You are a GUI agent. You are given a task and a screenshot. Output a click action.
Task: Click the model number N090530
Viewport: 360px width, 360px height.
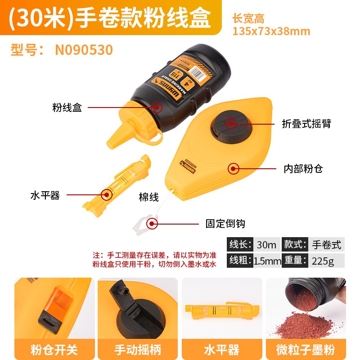84,49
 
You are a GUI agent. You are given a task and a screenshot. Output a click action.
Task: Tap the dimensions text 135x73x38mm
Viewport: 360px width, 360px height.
271,31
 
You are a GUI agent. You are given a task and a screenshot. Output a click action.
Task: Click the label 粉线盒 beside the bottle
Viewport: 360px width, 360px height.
67,108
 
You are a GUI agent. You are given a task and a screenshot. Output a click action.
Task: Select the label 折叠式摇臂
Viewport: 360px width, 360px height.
306,123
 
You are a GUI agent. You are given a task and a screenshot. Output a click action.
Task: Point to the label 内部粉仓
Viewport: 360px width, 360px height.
303,169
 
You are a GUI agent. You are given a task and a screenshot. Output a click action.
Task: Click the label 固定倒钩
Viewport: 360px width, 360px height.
225,223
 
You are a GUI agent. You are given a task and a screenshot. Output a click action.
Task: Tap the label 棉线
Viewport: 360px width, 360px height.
148,197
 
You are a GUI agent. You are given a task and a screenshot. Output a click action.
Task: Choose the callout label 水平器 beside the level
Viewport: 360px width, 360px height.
45,195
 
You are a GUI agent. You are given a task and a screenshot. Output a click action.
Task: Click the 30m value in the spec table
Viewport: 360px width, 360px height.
266,244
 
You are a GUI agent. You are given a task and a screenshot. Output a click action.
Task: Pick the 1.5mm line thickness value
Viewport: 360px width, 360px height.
267,261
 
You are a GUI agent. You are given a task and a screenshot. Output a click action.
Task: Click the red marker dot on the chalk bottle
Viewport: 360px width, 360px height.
157,108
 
